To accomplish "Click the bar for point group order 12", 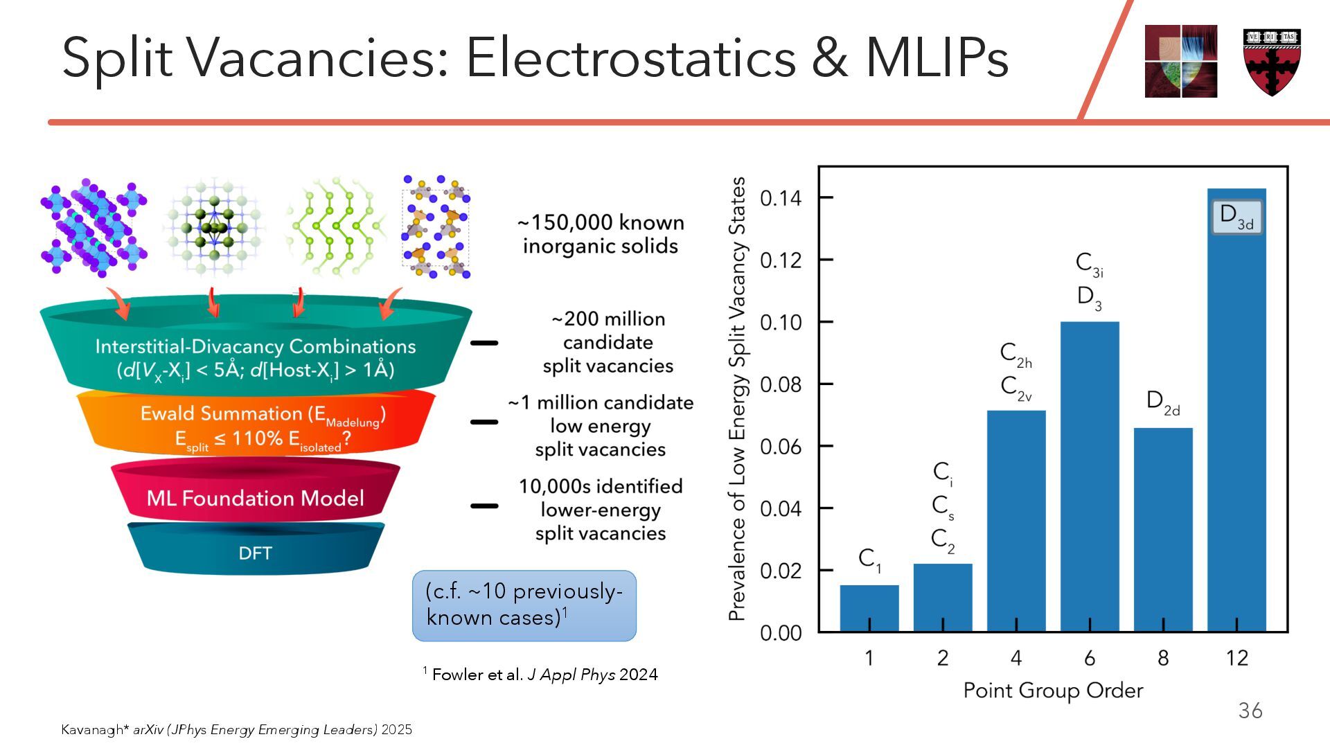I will click(x=1236, y=416).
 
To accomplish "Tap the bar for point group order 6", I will click(x=1090, y=478).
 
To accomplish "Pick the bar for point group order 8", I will click(x=1163, y=530).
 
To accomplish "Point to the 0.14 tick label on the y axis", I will click(x=780, y=199).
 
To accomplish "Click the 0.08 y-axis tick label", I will click(x=780, y=384).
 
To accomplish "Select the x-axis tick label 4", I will click(x=1016, y=658).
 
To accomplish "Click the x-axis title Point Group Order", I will click(x=1053, y=691).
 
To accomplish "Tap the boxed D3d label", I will click(x=1236, y=217).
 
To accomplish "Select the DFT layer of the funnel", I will click(x=255, y=553).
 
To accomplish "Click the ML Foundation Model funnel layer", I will click(x=255, y=498).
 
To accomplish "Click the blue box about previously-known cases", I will click(x=524, y=605).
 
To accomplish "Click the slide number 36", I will click(x=1250, y=711).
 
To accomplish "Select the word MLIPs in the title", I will click(x=937, y=57).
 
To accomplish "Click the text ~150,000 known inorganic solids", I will click(x=601, y=234).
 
